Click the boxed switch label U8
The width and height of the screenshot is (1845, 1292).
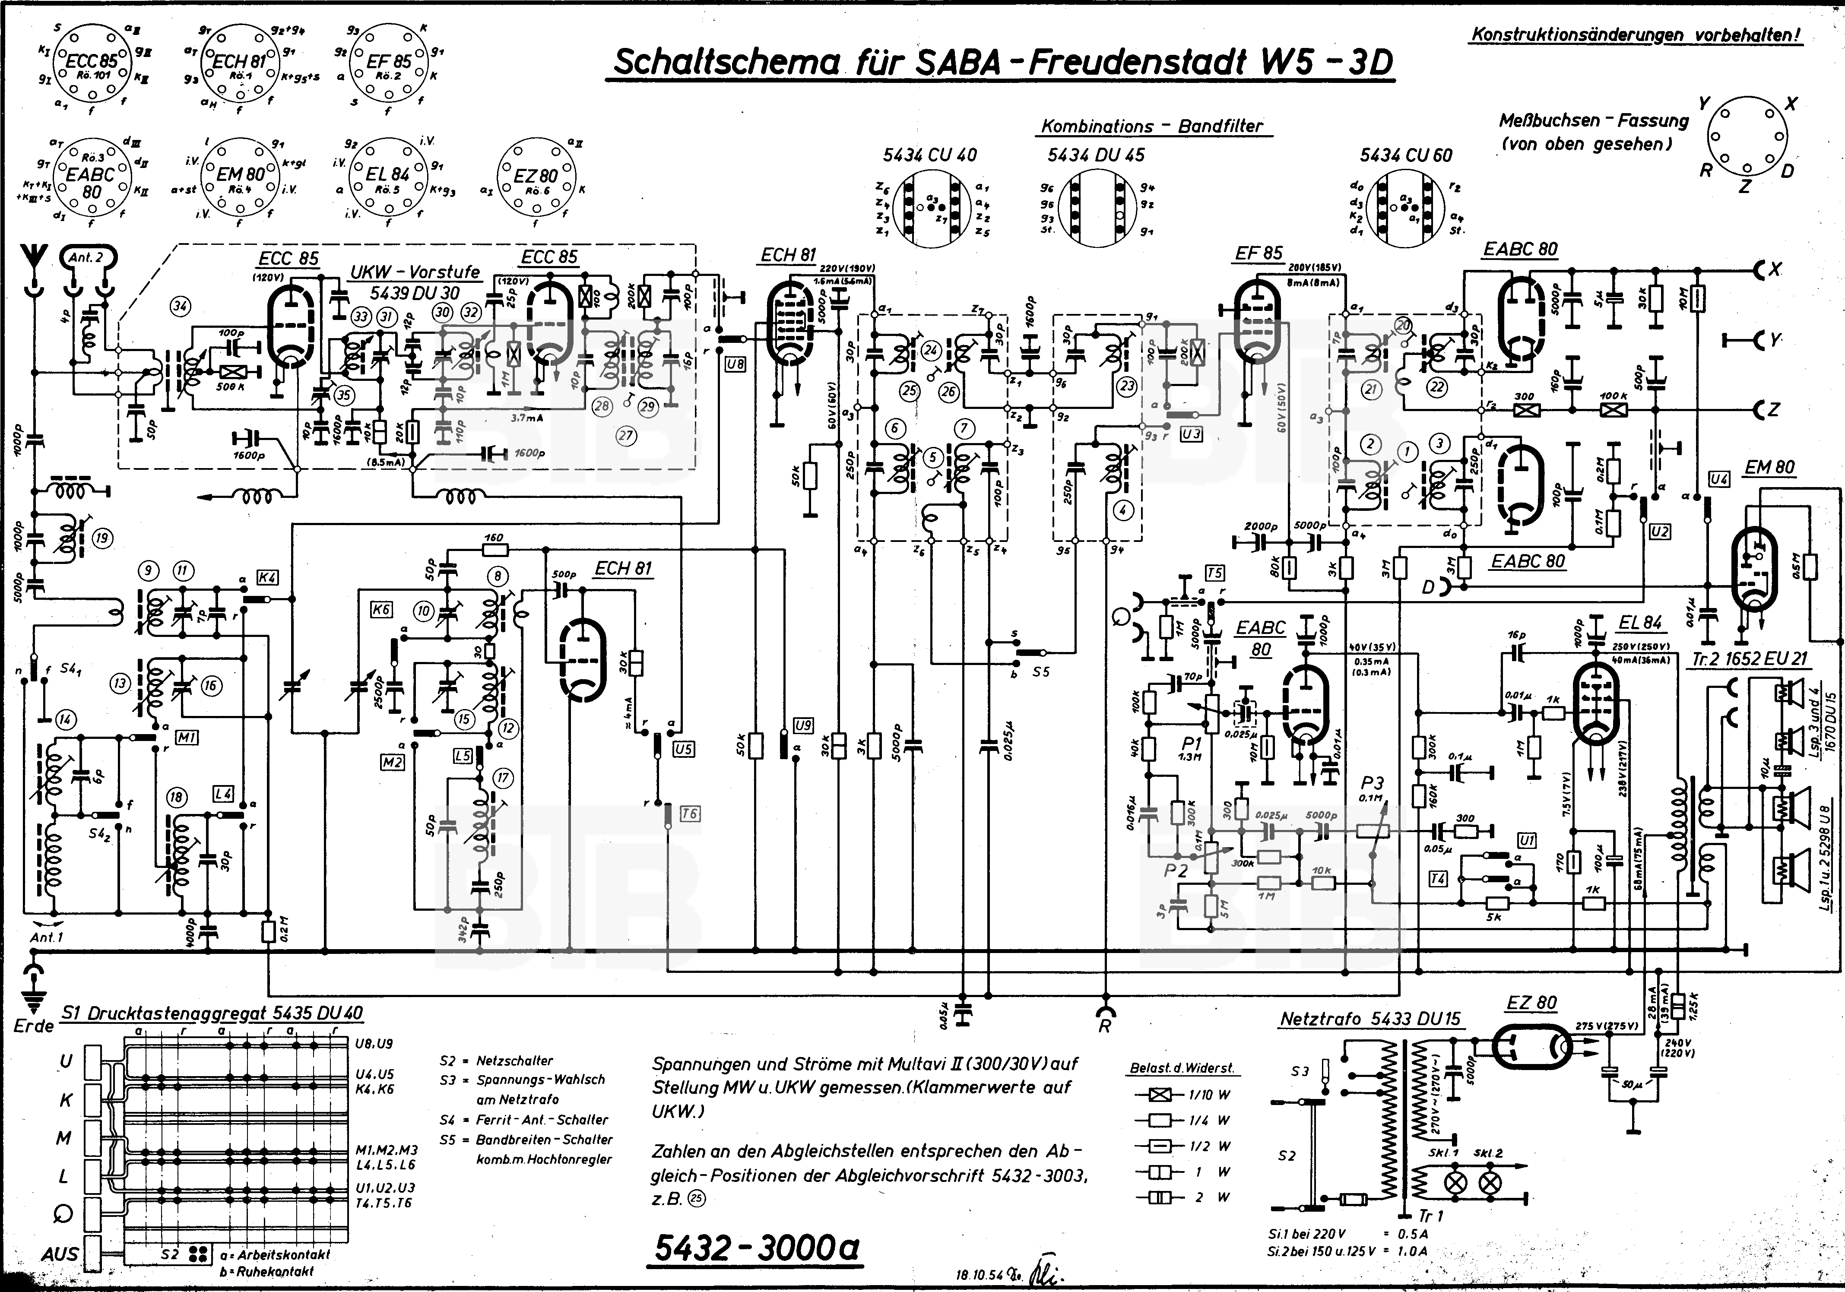pyautogui.click(x=735, y=364)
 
